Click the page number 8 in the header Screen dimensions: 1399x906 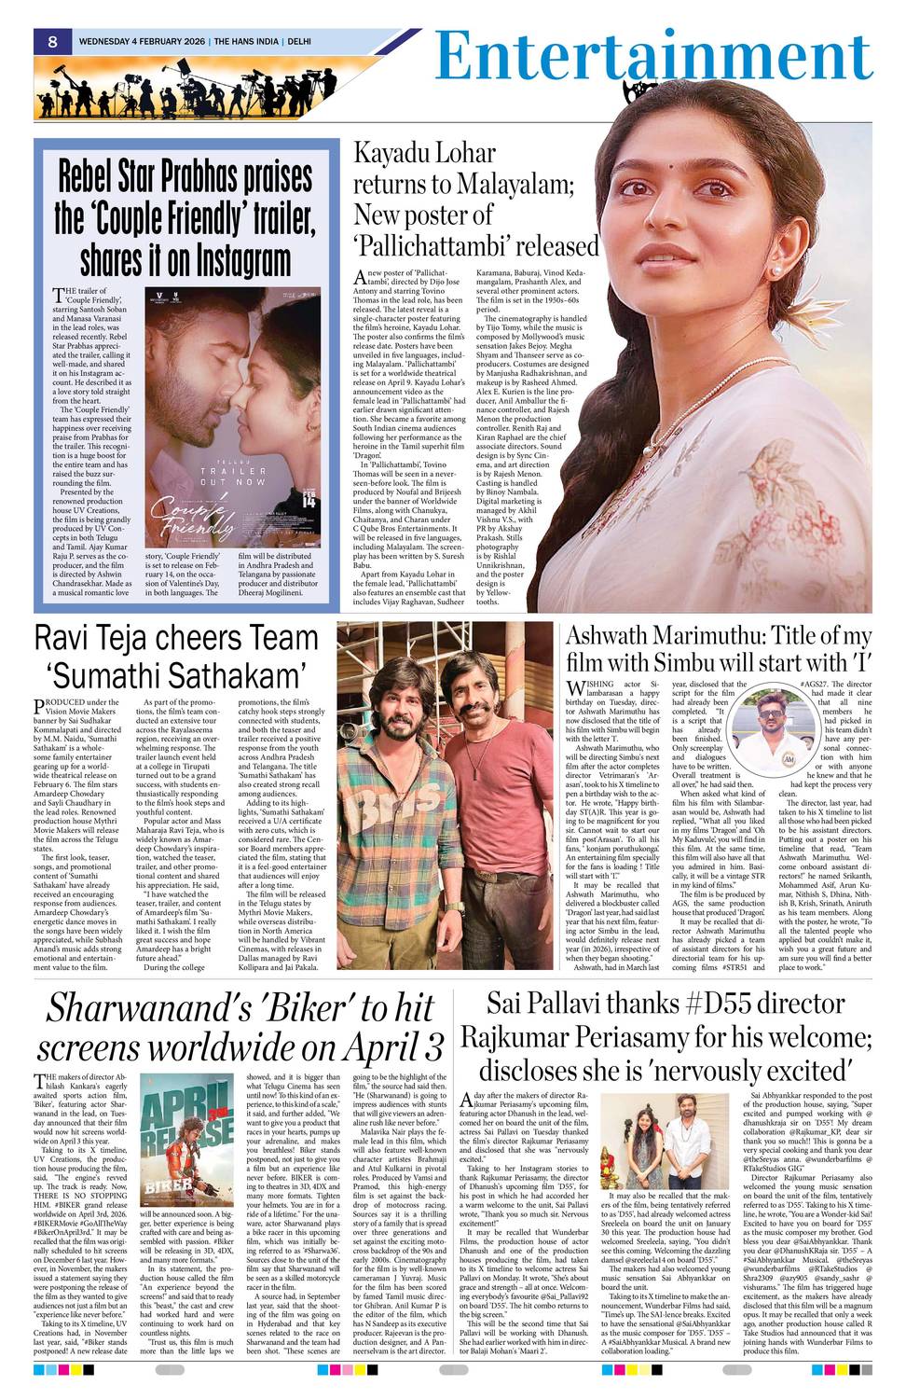[53, 41]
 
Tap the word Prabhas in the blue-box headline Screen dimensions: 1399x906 [267, 177]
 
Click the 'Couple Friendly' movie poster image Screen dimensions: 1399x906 [232, 417]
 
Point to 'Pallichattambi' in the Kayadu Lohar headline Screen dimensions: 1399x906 [475, 246]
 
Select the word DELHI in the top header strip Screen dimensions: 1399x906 [299, 42]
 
